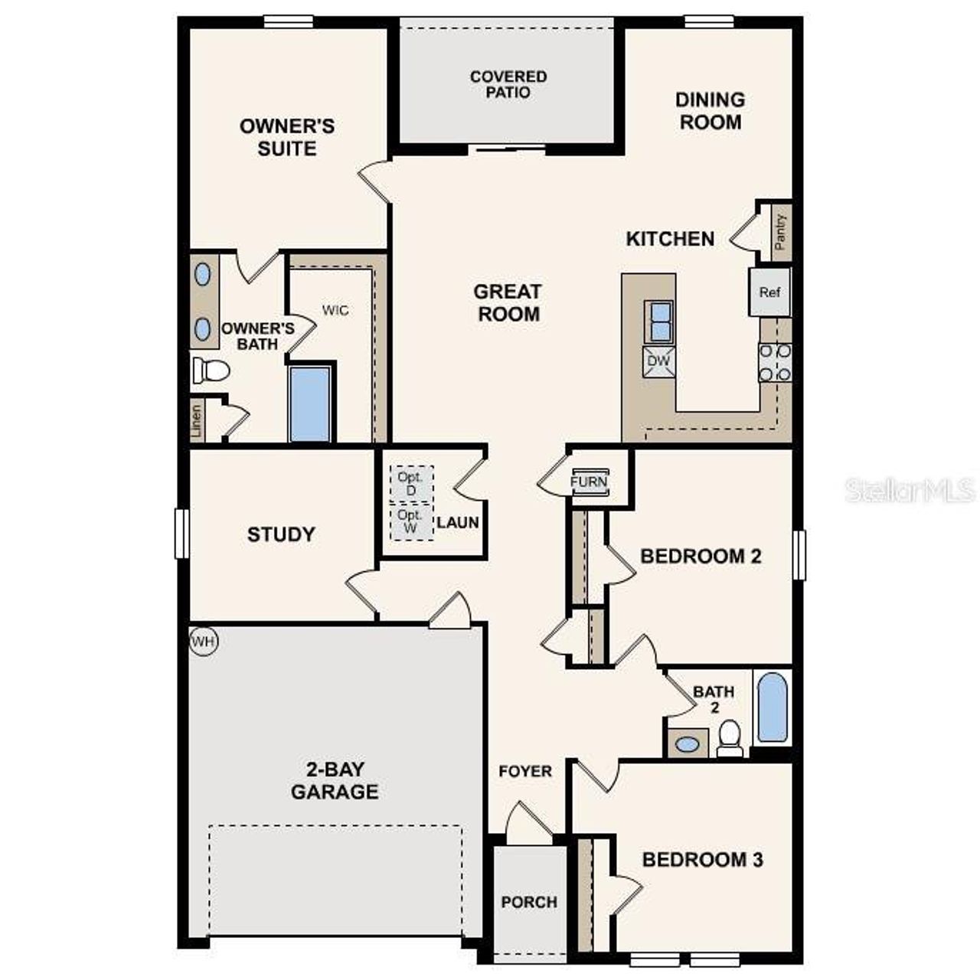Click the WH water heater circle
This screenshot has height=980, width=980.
203,642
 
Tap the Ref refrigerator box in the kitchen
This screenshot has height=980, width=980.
769,292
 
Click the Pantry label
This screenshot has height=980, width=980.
780,232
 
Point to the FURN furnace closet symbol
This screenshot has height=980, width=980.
589,482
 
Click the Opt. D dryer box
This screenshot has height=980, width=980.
411,483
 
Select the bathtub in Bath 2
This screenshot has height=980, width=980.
772,707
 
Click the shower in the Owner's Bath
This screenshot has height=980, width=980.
311,403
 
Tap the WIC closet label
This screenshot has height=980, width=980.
335,310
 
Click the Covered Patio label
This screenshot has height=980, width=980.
508,84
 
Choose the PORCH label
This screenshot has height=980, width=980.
529,902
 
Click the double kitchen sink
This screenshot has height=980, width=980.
658,322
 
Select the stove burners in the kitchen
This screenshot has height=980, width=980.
775,362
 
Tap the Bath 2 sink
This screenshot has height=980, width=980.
688,743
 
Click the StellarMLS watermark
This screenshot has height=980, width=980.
910,490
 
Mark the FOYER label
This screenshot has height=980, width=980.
525,771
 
